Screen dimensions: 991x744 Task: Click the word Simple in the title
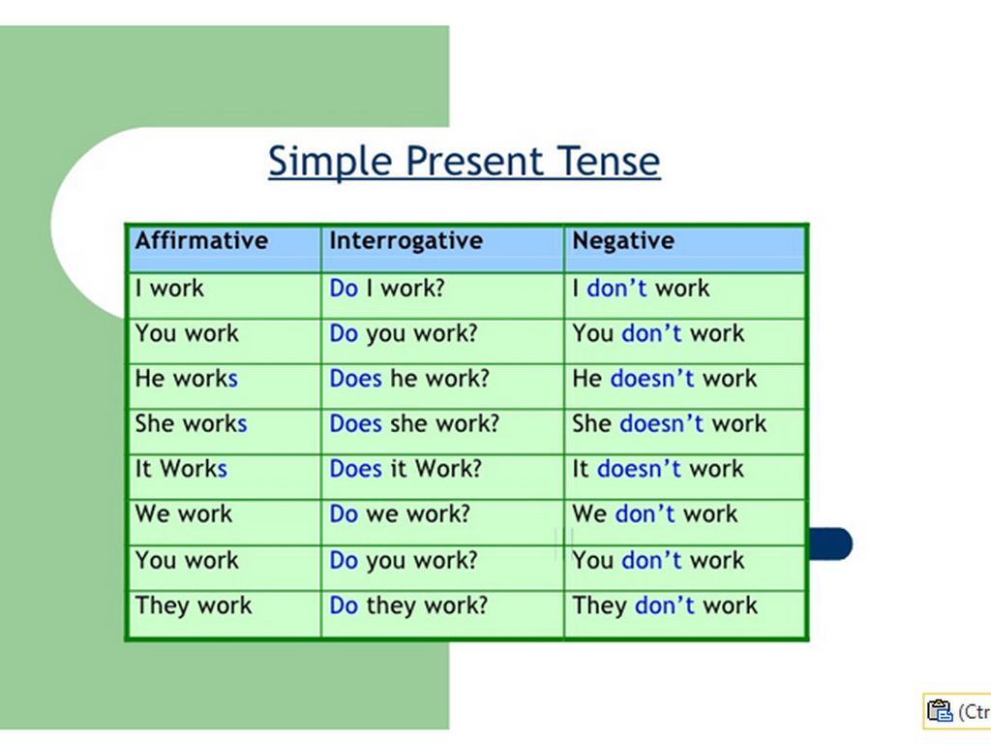[331, 162]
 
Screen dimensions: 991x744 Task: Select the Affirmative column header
[201, 240]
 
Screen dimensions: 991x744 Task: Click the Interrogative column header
[405, 240]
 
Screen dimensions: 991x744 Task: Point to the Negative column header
[623, 241]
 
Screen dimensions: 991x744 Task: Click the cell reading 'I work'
[169, 289]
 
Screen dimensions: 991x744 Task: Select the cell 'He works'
[187, 379]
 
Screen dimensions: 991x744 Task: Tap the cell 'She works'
[191, 423]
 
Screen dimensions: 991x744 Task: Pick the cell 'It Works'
[181, 469]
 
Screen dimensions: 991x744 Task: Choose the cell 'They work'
[194, 605]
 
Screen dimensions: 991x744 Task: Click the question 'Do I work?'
[387, 289]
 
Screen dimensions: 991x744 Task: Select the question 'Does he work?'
[409, 379]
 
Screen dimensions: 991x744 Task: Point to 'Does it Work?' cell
[405, 469]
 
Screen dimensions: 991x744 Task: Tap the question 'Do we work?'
[400, 513]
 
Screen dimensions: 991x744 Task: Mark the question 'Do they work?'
[408, 605]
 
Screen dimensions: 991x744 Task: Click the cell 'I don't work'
[641, 289]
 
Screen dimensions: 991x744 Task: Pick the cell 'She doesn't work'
[670, 423]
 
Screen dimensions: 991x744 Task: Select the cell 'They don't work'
[665, 605]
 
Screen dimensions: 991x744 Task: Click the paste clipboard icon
[939, 710]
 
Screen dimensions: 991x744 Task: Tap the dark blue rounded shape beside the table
[830, 544]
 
